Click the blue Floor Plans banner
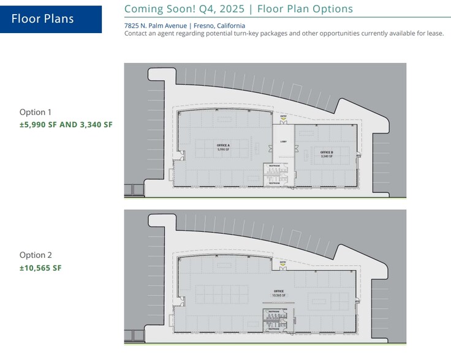click(51, 19)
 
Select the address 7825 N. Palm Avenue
click(156, 26)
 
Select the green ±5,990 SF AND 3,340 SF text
click(66, 125)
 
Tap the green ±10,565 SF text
click(40, 268)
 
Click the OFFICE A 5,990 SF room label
click(223, 147)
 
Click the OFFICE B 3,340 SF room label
click(326, 154)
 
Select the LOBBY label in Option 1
click(284, 141)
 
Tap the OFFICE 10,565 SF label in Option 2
click(279, 293)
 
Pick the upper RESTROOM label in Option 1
click(275, 166)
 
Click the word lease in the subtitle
click(436, 33)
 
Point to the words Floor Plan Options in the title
click(305, 9)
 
